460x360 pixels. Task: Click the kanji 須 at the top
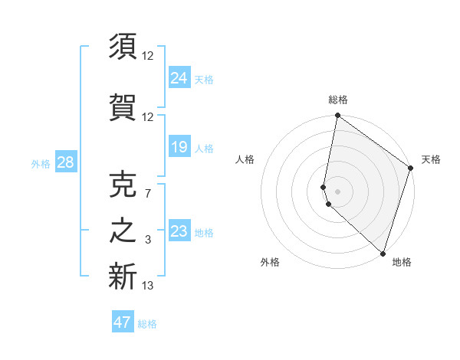point(123,47)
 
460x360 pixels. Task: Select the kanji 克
point(123,184)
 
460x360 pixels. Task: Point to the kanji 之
point(123,232)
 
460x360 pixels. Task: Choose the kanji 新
point(123,277)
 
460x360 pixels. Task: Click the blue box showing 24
point(179,78)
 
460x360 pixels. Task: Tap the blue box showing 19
point(179,147)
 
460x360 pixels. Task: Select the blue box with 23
point(179,231)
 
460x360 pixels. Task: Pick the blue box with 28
point(65,162)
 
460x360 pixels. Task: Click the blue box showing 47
point(123,322)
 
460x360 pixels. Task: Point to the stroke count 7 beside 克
point(147,194)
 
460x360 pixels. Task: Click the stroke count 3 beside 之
point(147,241)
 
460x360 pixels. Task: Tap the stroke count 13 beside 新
point(148,286)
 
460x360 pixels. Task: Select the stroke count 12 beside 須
point(148,55)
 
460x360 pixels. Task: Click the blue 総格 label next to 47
point(147,324)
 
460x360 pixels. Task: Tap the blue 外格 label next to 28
point(41,164)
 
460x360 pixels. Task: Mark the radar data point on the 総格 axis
point(337,116)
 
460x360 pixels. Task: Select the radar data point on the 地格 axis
point(383,253)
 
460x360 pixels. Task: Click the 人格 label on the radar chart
point(245,159)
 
